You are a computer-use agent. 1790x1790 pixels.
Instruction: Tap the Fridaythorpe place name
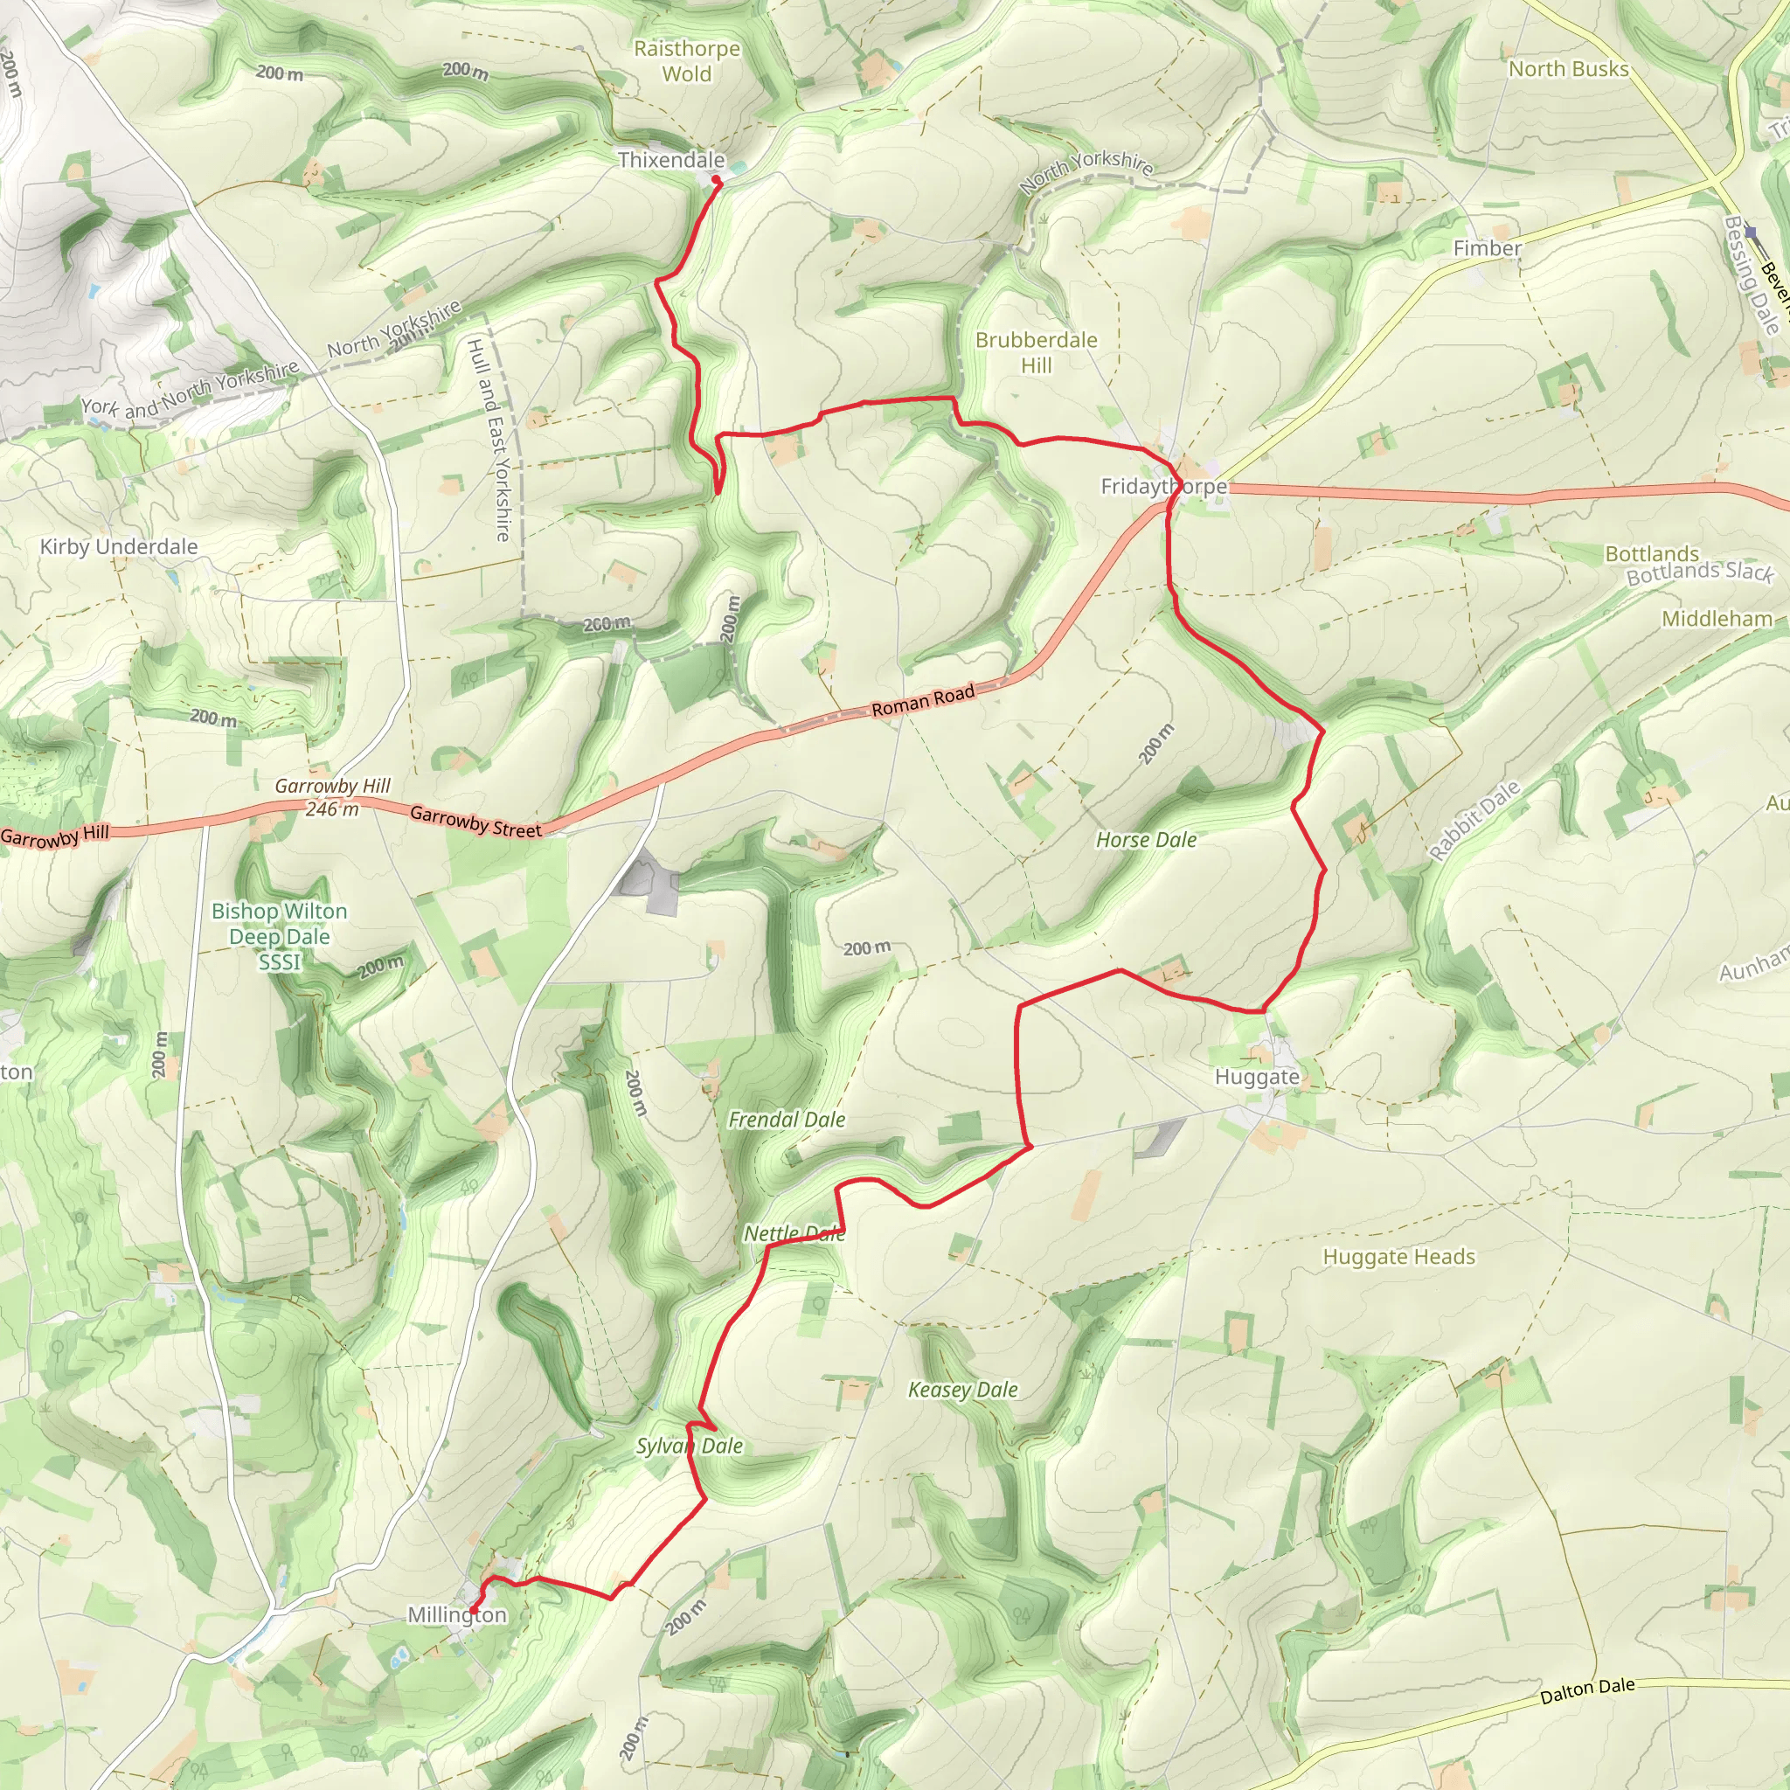point(1162,487)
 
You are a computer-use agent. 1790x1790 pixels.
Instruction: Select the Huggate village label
point(1256,1077)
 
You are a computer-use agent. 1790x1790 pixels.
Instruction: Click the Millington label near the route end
point(457,1615)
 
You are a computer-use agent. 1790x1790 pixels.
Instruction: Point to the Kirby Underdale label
point(119,546)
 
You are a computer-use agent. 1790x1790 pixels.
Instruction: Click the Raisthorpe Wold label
point(686,61)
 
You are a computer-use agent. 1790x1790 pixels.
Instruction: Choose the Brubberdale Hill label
point(1036,353)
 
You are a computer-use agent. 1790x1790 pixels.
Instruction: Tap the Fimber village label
point(1486,248)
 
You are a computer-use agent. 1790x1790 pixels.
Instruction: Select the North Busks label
point(1568,70)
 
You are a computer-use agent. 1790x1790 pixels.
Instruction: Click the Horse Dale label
point(1145,840)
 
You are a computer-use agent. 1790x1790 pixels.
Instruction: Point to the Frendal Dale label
point(786,1120)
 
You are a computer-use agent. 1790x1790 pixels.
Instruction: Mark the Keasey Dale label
point(961,1390)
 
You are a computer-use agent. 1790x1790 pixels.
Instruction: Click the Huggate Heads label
point(1398,1257)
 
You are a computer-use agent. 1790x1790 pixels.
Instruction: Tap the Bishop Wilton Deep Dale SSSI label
point(279,937)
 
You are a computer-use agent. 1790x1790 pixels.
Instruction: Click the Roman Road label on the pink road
point(923,700)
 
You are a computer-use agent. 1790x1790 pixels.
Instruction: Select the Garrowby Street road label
point(475,822)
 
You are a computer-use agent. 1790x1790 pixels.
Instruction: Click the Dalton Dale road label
point(1586,1692)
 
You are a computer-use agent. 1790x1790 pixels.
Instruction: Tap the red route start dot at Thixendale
point(716,181)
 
